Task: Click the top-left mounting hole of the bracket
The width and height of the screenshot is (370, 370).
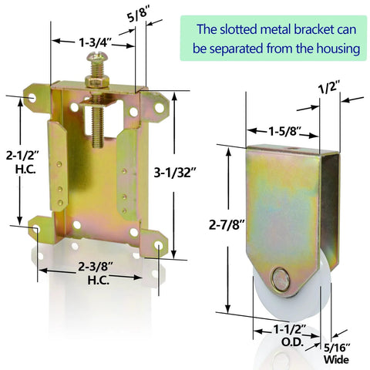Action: point(32,99)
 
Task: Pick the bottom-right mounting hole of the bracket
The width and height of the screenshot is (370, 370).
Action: point(160,245)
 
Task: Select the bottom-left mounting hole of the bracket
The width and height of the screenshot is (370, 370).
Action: point(35,227)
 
